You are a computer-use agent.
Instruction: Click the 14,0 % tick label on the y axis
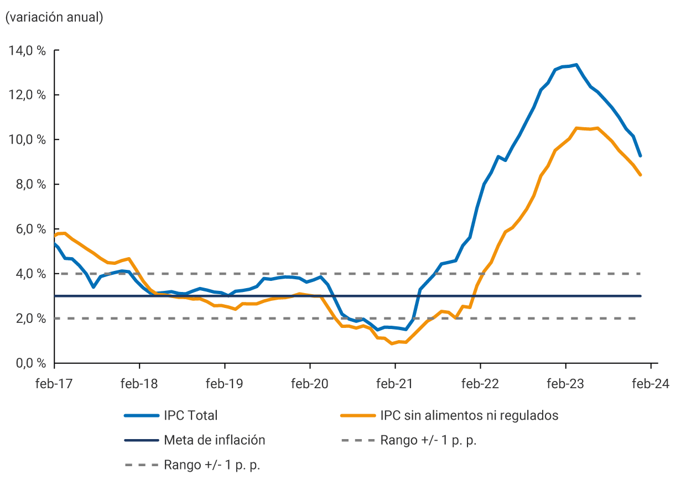27,50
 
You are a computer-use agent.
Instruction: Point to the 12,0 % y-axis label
27,95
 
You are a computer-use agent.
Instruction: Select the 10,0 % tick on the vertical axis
27,139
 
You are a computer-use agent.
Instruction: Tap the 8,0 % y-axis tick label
29,184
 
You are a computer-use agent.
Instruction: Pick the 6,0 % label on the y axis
29,229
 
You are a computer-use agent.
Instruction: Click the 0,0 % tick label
29,363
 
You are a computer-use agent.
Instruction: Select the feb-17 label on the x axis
54,384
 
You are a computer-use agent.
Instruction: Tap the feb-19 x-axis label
224,384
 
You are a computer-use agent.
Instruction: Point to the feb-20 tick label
309,384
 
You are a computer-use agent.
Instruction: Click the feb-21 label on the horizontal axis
394,384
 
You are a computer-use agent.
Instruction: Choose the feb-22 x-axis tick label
480,384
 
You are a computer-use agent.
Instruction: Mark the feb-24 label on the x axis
650,384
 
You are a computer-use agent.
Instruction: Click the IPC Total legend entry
190,415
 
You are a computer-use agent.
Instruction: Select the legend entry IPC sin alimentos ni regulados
469,415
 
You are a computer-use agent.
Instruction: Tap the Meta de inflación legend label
214,440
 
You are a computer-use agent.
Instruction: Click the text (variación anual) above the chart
54,17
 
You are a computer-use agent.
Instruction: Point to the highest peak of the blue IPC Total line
576,65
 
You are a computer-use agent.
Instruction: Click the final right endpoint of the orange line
641,175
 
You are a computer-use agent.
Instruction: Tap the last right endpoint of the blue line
641,156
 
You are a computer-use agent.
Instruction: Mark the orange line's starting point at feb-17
55,236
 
